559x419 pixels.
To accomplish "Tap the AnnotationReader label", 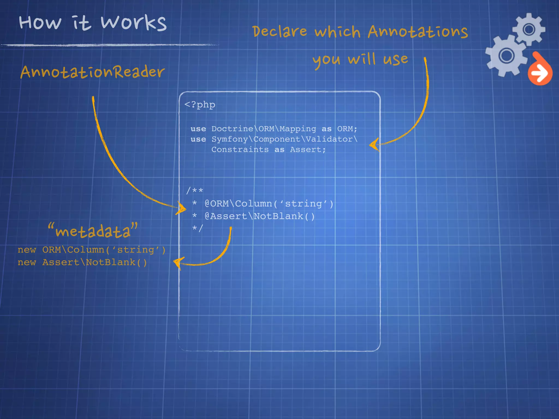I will coord(92,72).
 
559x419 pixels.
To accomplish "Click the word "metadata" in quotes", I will coord(93,231).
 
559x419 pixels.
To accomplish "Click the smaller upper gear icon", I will coord(529,29).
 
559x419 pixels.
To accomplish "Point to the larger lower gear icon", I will coord(507,56).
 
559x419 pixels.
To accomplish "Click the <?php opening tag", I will coord(200,104).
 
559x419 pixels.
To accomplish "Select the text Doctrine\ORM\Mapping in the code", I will coord(264,128).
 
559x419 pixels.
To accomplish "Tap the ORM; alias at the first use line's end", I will coord(347,128).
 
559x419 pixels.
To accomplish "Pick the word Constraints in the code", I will coord(240,149).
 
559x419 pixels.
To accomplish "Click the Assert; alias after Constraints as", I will coord(308,149).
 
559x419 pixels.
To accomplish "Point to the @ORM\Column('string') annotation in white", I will coord(269,203).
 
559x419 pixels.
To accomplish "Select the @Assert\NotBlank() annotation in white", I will coord(260,216).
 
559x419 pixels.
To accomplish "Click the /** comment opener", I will coord(195,190).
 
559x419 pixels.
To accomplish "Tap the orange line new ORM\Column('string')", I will coord(91,250).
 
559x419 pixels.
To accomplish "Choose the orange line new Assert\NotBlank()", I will coord(82,262).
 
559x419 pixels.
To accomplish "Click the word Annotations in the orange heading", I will coord(418,32).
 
